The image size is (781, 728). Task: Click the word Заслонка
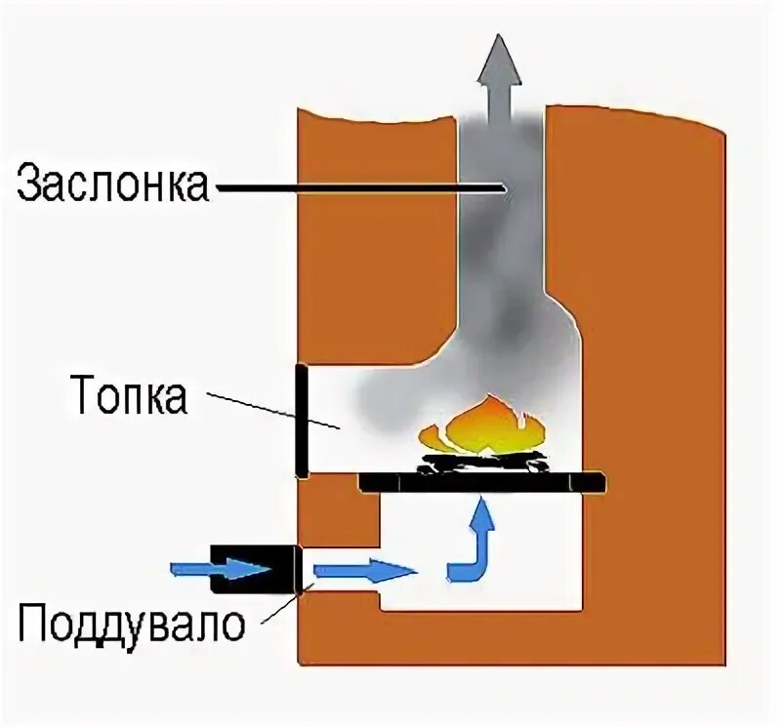(x=112, y=182)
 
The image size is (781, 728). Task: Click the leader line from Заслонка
(x=361, y=185)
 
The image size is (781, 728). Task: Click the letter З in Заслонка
(x=29, y=183)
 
